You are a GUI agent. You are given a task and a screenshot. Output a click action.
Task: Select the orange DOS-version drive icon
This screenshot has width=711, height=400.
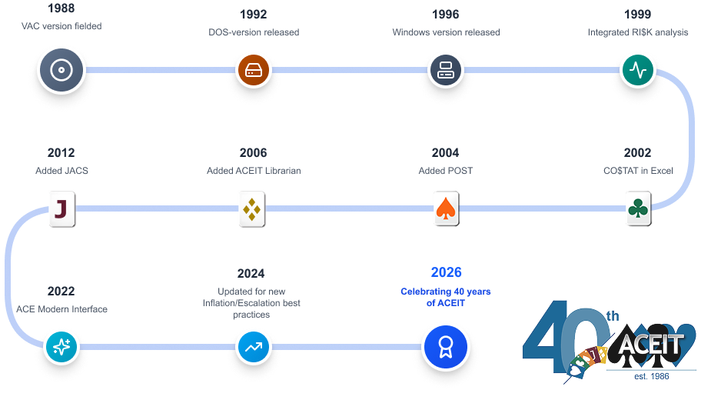[x=254, y=70]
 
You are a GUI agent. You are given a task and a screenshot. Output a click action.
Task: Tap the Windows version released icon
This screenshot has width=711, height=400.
[x=446, y=70]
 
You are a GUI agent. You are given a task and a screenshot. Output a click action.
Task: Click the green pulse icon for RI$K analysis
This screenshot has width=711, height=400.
[x=638, y=71]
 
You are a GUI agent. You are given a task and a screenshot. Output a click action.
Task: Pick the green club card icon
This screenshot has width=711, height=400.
[x=638, y=208]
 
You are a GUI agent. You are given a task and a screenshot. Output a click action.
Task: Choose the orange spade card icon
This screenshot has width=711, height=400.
[x=446, y=208]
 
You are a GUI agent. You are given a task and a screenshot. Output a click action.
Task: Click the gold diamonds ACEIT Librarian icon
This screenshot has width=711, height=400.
[x=253, y=208]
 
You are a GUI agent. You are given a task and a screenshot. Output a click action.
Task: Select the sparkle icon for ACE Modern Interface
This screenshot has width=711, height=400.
[x=61, y=346]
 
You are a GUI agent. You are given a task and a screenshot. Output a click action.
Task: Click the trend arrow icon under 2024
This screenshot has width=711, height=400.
[x=252, y=346]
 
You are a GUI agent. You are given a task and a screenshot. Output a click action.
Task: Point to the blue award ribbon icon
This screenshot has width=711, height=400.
[x=445, y=346]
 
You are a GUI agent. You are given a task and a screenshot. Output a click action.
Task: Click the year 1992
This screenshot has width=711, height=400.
[x=253, y=15]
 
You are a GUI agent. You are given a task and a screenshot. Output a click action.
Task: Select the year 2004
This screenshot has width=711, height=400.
[x=445, y=153]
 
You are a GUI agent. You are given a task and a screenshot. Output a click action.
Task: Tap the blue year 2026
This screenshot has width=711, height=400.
[x=446, y=273]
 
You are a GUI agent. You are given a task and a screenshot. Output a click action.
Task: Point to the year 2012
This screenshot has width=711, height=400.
[x=61, y=153]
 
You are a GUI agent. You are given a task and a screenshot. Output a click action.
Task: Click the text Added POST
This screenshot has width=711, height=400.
[x=446, y=171]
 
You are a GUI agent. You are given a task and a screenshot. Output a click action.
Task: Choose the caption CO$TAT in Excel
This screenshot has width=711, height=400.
[x=638, y=171]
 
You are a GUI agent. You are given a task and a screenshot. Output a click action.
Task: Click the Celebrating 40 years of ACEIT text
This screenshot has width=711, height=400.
[x=446, y=297]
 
